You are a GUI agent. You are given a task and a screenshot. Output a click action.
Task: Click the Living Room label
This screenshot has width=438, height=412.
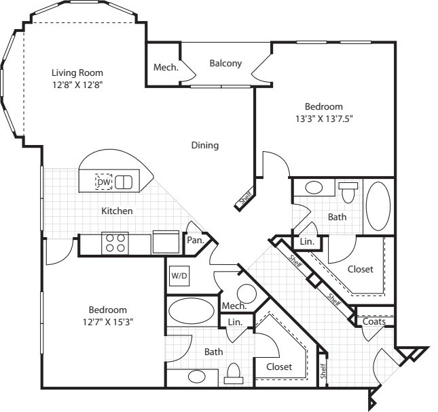77,72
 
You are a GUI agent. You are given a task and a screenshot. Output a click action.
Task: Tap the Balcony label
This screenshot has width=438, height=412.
225,64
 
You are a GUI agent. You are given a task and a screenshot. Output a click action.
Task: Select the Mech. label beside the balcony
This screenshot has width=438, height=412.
166,68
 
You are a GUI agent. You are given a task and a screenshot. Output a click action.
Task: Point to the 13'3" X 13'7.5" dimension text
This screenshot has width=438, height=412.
323,118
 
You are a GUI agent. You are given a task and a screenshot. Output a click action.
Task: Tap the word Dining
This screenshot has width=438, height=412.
204,145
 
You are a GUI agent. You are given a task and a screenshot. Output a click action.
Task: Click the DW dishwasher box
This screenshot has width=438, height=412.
103,182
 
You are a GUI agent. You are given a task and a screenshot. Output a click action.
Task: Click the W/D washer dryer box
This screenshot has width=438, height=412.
179,276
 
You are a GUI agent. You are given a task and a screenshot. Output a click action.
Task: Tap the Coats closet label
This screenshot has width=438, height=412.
374,321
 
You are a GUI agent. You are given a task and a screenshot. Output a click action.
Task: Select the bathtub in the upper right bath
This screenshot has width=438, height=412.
378,207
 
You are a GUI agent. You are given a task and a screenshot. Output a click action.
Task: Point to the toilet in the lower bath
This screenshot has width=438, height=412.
235,372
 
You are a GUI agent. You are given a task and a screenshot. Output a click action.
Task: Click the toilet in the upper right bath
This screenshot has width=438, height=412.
349,192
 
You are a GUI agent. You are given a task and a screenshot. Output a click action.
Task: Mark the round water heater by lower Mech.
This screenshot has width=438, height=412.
246,293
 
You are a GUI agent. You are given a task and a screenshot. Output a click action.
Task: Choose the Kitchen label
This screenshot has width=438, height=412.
117,211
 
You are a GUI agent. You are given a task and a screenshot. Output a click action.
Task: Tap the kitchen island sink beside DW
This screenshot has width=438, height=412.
124,182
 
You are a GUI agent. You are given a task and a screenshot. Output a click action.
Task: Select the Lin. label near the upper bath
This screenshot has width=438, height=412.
306,241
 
